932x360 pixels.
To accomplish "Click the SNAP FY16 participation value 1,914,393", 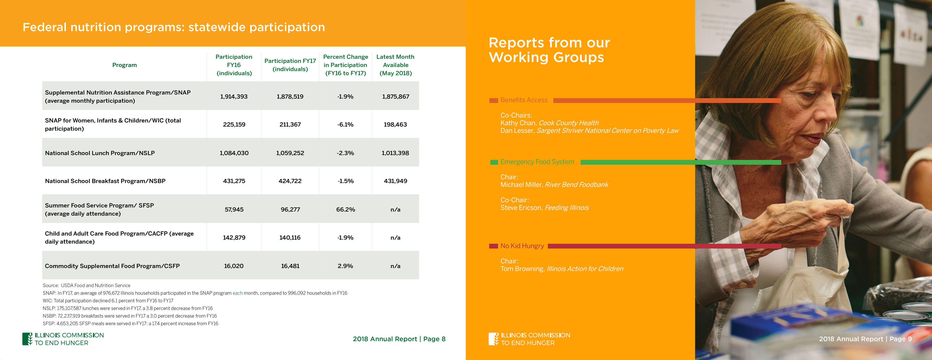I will (234, 97).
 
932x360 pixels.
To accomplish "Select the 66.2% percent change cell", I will (345, 210).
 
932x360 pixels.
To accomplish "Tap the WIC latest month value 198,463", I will (395, 125).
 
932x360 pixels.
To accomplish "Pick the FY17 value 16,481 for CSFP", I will (290, 266).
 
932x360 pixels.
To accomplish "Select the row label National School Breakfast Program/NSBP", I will (105, 181).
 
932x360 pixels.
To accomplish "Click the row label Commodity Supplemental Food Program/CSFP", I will (112, 266).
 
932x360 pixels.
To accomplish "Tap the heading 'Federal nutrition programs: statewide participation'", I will (174, 27).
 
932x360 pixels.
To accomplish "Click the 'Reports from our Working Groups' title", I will (549, 50).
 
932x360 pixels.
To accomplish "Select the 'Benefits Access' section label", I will (524, 100).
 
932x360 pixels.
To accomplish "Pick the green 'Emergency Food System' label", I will (537, 162).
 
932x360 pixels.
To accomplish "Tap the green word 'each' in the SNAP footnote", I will (237, 293).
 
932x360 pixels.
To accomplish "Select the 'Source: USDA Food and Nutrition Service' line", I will (86, 285).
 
